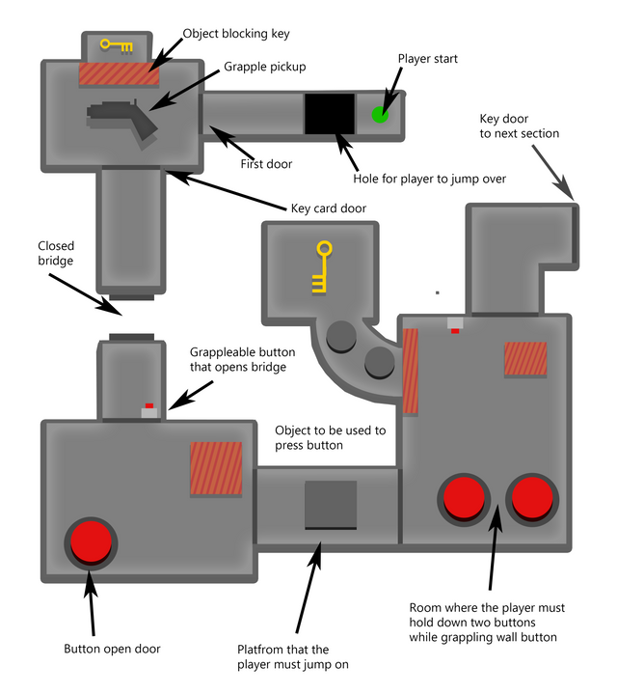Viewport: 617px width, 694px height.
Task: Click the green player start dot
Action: (380, 115)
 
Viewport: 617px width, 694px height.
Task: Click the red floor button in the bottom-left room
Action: (91, 542)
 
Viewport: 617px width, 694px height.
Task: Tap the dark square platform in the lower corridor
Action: (331, 505)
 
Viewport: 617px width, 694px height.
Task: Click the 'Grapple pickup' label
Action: (264, 68)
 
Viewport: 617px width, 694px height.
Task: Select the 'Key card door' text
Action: (329, 208)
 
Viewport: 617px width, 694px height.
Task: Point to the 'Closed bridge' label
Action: (56, 253)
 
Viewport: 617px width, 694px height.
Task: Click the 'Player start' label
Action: (427, 59)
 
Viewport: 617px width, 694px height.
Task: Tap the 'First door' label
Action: (266, 164)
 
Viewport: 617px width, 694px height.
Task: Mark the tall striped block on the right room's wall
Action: (410, 372)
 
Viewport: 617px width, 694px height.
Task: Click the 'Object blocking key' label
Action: (236, 34)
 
